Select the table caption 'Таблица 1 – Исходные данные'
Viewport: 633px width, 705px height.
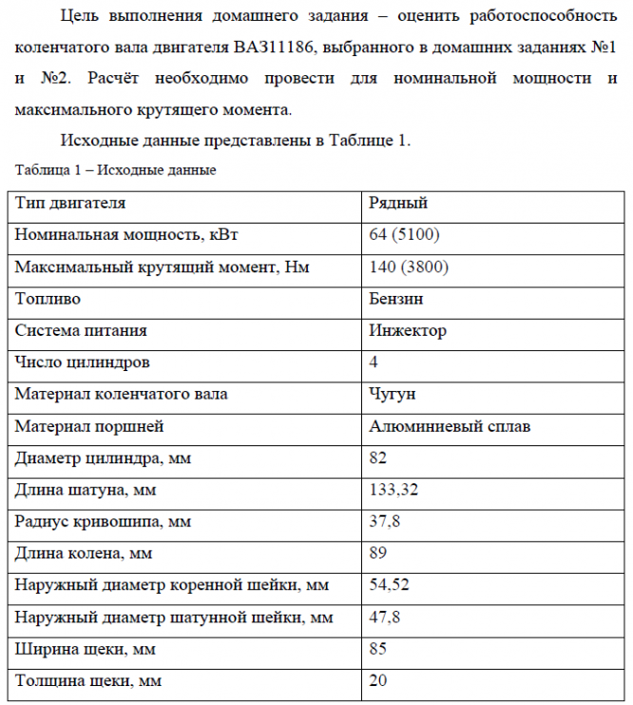(116, 170)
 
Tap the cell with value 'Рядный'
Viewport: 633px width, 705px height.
(398, 203)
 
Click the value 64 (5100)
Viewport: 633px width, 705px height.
(404, 235)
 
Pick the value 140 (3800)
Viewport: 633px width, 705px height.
(409, 267)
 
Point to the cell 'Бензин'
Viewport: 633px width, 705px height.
(396, 299)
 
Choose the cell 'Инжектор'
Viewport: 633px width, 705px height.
(407, 331)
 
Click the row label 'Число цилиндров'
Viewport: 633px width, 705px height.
(82, 362)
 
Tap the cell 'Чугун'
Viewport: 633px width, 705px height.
(392, 394)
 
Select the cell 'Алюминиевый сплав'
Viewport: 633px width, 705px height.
(450, 426)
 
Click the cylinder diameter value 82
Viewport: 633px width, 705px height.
(378, 459)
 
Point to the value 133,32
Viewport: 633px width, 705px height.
(393, 490)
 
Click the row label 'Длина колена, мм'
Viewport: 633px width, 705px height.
(84, 553)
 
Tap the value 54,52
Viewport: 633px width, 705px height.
(389, 585)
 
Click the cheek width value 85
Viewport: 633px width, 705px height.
(378, 649)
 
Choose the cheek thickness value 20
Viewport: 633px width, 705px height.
(378, 681)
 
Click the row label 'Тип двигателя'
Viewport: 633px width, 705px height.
(70, 203)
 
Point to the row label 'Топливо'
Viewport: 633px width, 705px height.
(48, 299)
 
